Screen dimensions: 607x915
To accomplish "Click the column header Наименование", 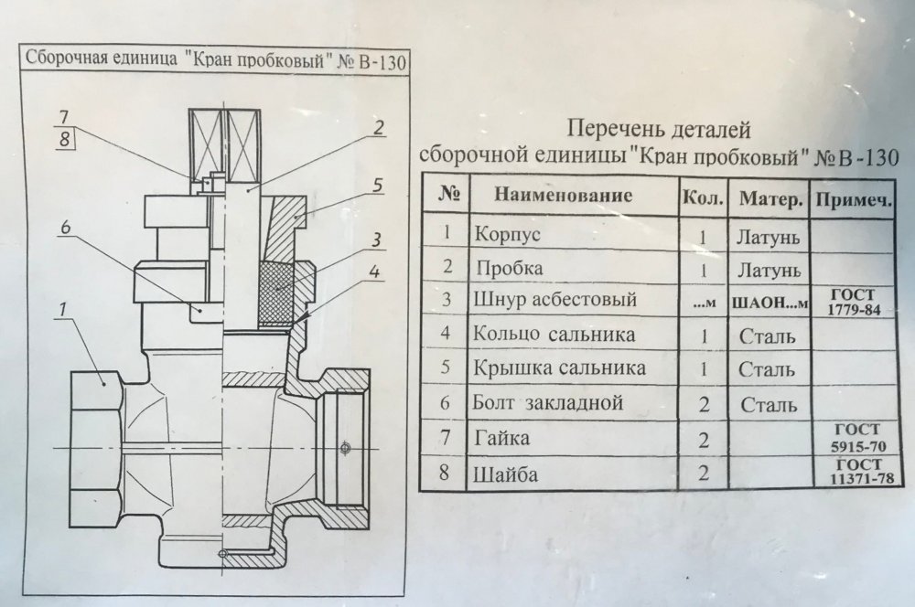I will (x=564, y=195).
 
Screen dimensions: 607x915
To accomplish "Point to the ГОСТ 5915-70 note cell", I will (x=854, y=439).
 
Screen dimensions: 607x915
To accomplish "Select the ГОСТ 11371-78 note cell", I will (x=855, y=473).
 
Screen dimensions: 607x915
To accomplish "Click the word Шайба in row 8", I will (x=501, y=475).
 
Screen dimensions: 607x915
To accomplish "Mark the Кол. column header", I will (x=703, y=197).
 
